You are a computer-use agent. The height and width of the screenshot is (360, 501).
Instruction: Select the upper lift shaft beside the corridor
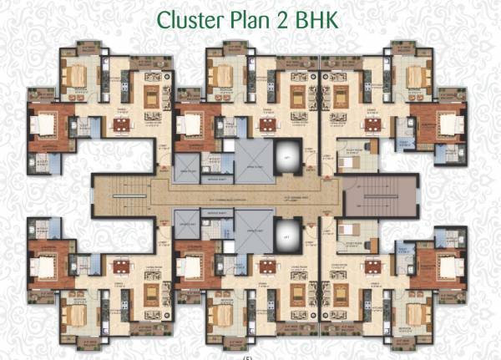pos(287,158)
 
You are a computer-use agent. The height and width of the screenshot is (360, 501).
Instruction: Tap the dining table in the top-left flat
pos(122,125)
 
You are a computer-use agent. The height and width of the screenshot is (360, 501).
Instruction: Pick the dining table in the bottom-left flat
pos(122,267)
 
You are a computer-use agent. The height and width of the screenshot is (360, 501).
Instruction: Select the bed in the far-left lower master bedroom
pos(42,266)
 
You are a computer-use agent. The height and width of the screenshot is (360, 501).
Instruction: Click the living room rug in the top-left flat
pos(152,97)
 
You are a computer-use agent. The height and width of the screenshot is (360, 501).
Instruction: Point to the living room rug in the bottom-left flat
pos(152,294)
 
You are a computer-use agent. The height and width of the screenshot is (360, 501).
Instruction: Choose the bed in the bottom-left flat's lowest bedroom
pos(75,315)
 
